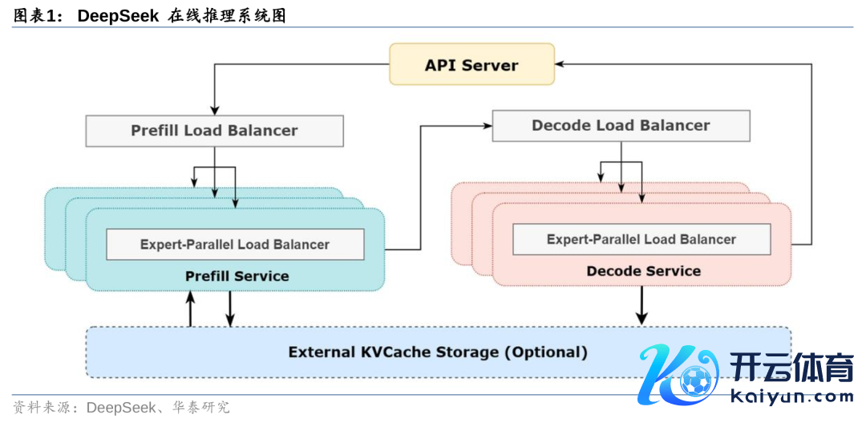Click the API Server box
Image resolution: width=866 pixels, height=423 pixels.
point(471,65)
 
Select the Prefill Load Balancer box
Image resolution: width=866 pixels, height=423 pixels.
point(214,130)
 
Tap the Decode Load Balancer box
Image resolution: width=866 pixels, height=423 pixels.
point(621,125)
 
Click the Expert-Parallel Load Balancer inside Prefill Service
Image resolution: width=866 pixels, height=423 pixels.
point(235,244)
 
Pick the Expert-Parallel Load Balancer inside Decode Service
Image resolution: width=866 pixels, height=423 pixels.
point(641,239)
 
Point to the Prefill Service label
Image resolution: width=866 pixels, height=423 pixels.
point(237,276)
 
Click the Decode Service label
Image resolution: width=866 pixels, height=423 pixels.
point(643,271)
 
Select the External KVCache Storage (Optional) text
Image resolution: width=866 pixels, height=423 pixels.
point(438,352)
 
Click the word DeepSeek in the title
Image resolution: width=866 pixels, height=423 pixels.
point(118,15)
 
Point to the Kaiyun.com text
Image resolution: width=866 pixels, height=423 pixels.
point(792,397)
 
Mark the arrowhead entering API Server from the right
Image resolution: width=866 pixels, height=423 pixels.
point(560,64)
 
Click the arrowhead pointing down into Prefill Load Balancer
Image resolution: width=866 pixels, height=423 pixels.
point(214,111)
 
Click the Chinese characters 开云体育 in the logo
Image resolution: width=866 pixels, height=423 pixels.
point(792,368)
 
